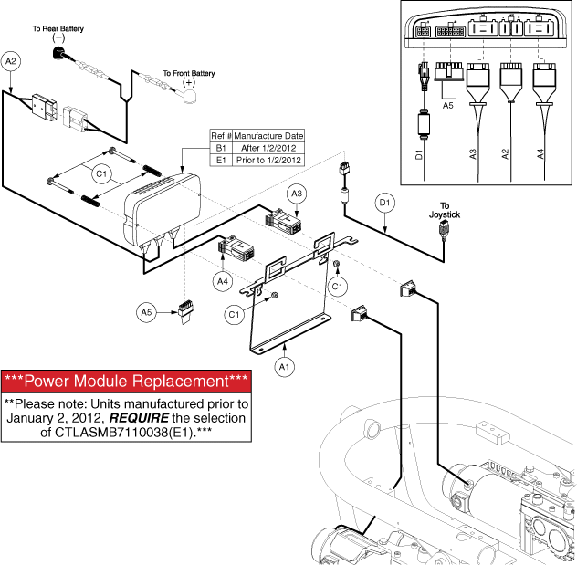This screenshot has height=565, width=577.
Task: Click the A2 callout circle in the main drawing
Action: coord(11,61)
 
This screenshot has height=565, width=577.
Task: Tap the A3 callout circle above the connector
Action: coord(298,194)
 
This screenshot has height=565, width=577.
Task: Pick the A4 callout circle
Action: coord(223,282)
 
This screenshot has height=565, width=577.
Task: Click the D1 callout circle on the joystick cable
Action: coord(384,201)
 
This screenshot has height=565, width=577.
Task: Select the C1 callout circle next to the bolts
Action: coord(102,171)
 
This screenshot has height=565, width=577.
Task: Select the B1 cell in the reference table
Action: coord(219,147)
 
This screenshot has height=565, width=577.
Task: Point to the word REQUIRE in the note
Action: coord(157,418)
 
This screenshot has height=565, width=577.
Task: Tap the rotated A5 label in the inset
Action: coord(448,106)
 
